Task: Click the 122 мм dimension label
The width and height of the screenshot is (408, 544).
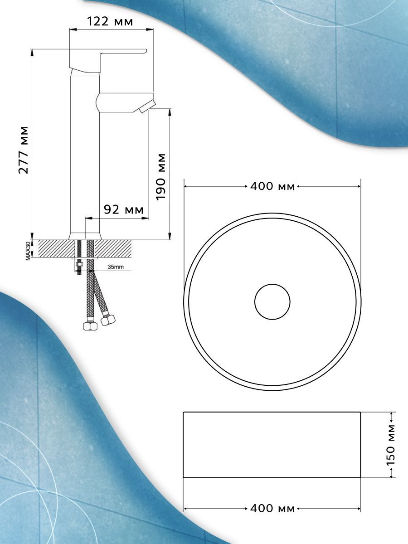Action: (110, 22)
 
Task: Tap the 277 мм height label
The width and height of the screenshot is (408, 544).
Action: (24, 150)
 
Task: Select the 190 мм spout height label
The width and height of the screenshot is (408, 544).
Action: (161, 177)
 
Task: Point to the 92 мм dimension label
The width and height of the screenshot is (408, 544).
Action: (123, 210)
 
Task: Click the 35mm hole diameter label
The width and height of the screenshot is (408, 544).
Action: (116, 267)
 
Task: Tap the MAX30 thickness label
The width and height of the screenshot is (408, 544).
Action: (28, 250)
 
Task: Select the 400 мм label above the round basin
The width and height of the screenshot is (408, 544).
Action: (272, 186)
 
